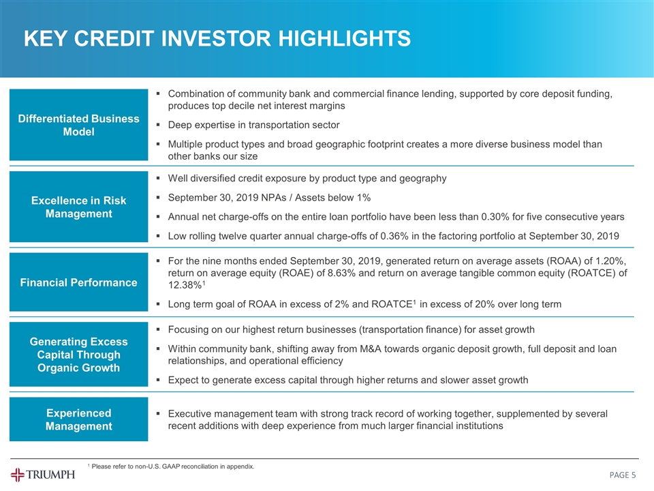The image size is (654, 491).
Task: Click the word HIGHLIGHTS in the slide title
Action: [x=344, y=38]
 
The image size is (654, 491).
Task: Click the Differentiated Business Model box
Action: [x=79, y=125]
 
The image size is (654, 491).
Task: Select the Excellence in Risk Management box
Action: [x=79, y=207]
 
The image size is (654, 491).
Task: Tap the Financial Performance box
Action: [x=79, y=282]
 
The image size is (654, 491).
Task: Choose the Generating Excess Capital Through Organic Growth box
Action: [x=79, y=355]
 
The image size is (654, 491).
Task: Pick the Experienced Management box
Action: [x=79, y=419]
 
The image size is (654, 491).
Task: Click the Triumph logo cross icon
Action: [x=18, y=475]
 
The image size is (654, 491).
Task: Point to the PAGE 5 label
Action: [x=622, y=475]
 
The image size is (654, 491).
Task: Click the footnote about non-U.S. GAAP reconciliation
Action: [x=171, y=466]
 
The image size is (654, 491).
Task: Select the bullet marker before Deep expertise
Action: [x=158, y=125]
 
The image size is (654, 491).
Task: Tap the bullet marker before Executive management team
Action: [x=158, y=414]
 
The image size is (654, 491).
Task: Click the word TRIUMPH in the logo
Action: [x=50, y=475]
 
